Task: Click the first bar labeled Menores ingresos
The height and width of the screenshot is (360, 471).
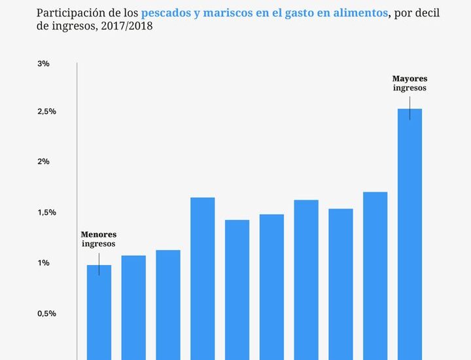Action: pos(99,312)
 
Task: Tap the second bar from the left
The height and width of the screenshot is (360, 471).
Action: pos(133,308)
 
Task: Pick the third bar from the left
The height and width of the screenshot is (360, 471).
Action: pos(168,305)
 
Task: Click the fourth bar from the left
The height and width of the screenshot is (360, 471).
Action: pos(203,279)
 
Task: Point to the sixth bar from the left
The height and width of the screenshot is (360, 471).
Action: pos(271,287)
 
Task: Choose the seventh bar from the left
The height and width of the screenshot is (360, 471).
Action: pos(306,280)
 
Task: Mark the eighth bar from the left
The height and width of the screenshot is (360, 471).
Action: pos(341,284)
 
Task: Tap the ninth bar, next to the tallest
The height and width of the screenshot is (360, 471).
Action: pos(375,276)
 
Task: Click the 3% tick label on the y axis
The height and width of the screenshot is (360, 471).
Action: pos(43,63)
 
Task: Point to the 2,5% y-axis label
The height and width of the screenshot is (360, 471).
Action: pos(46,112)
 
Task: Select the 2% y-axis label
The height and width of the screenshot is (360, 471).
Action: pos(43,162)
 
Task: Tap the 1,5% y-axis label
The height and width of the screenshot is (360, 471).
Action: pos(46,213)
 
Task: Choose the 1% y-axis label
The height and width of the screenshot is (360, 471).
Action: pos(43,263)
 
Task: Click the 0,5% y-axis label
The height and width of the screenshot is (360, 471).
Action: pos(46,314)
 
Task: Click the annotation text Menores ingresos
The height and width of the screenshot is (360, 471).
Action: pos(99,239)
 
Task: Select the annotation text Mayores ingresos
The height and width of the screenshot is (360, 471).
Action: pos(410,83)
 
